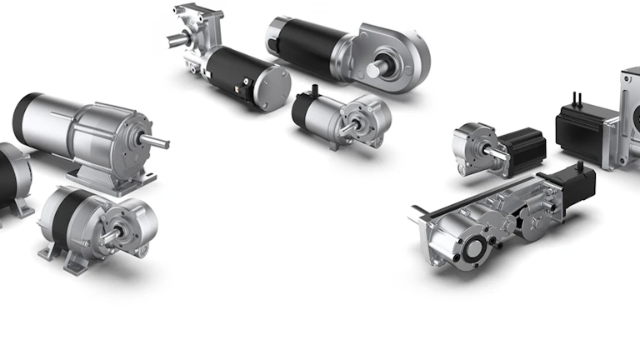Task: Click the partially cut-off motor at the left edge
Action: tap(12, 179)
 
